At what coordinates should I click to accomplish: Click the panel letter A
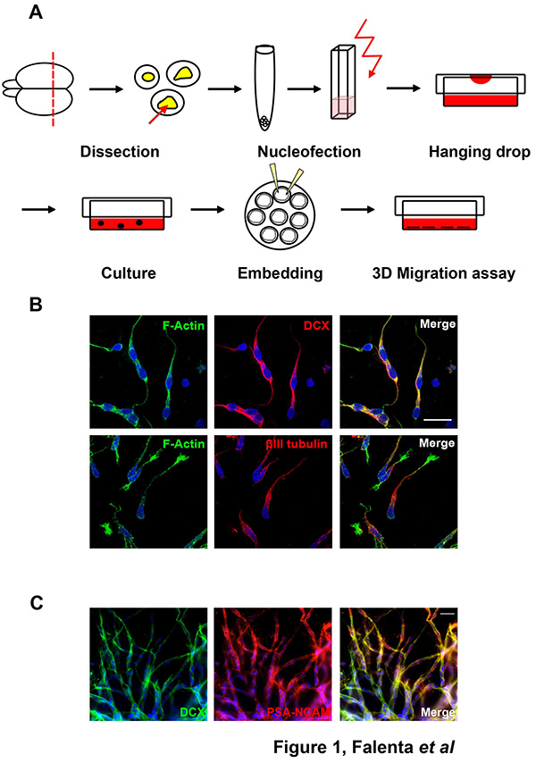pos(36,13)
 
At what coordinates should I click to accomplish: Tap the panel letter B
pos(36,305)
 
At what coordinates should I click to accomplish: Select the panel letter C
pos(37,603)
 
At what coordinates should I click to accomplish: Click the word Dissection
pos(120,152)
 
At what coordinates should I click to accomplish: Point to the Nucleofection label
pos(309,152)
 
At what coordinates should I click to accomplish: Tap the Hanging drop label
pos(480,152)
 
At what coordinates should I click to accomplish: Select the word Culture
pos(129,273)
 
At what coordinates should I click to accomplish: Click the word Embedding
pos(281,273)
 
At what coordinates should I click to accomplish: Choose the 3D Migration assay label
pos(444,273)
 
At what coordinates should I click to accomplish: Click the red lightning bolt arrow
pos(368,48)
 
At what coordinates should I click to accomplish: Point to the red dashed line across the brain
pos(53,88)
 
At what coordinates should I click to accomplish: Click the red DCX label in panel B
pos(316,325)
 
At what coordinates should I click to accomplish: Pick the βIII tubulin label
pos(297,444)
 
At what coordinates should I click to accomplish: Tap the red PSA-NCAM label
pos(298,713)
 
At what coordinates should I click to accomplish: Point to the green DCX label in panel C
pos(192,713)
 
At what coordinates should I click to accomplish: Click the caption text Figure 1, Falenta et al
pos(364,746)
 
